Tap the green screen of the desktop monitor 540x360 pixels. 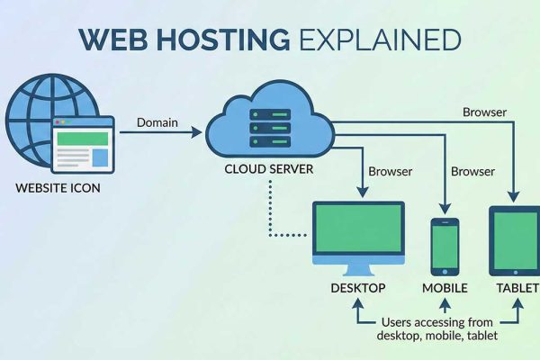(x=357, y=232)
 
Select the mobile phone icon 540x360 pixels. (x=445, y=244)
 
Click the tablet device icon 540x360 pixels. (x=514, y=240)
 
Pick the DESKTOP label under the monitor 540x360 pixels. (x=357, y=288)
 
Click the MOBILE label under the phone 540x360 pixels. (x=445, y=288)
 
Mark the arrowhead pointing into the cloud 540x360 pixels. (x=199, y=132)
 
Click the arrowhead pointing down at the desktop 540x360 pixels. (x=362, y=191)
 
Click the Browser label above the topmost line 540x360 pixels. (x=484, y=113)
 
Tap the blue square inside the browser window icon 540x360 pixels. (x=99, y=157)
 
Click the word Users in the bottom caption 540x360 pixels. (x=398, y=321)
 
